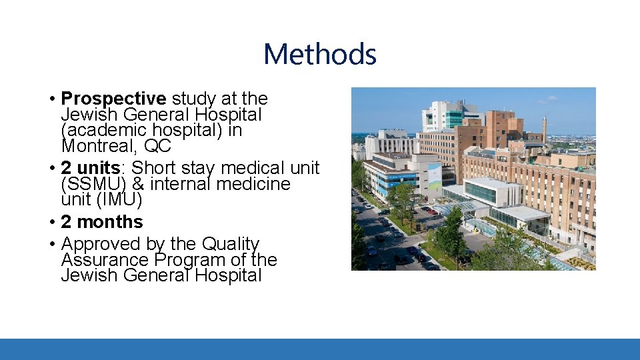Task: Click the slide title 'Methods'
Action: click(320, 54)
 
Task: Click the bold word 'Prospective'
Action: click(114, 99)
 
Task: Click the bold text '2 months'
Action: click(102, 221)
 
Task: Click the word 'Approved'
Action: click(101, 244)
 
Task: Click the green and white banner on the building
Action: click(434, 176)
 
